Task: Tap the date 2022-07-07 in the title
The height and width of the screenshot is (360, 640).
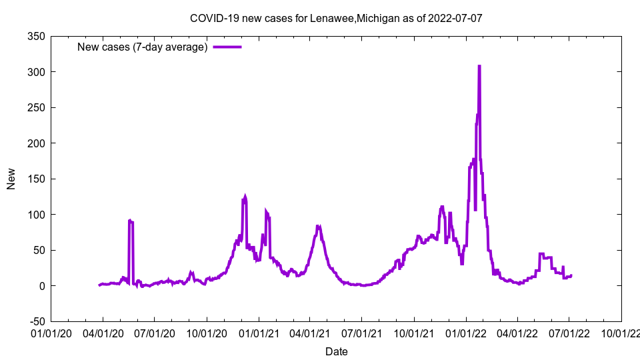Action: coord(455,18)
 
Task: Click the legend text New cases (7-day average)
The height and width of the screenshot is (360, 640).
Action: coord(142,47)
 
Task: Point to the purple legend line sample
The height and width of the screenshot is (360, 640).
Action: coord(227,47)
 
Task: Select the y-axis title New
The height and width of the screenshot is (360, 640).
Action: coord(11,179)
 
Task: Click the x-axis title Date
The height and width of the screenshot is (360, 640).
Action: coord(336,351)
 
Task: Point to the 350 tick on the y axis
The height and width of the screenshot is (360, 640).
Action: coord(36,36)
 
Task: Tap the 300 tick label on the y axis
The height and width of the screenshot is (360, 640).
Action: coord(36,72)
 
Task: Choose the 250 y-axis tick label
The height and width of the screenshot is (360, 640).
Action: coord(36,107)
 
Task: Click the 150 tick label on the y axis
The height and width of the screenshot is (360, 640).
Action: coord(36,179)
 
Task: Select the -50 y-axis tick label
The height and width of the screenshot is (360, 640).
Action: coord(36,321)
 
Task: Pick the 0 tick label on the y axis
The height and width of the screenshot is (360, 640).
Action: coord(41,286)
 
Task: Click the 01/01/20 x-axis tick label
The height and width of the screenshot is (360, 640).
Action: coord(51,331)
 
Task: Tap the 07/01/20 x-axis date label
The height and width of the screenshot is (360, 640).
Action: coord(155,331)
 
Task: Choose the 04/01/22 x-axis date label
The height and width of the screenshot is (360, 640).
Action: coord(517,331)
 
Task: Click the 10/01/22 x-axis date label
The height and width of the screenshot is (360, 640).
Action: coord(621,331)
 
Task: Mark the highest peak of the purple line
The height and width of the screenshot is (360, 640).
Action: coord(479,66)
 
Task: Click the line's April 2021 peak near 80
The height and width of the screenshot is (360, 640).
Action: coord(319,227)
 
